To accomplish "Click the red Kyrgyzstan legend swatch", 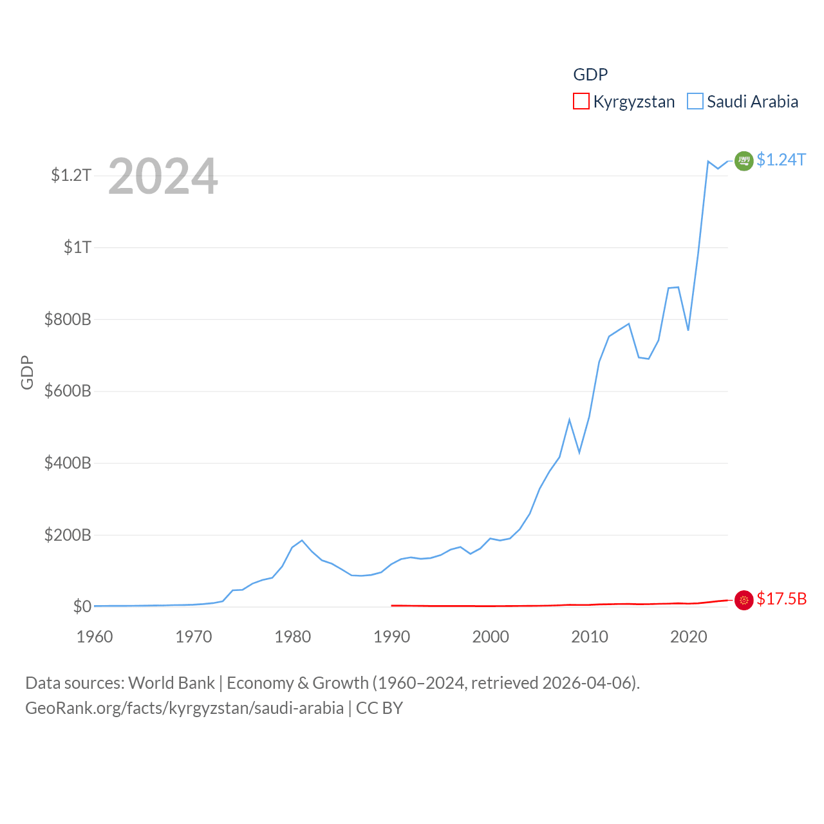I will (581, 102).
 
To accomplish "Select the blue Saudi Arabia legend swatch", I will (695, 102).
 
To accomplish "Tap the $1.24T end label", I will (781, 160).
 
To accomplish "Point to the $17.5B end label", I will (782, 599).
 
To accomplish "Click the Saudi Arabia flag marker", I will (744, 161).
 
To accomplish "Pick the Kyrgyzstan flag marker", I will (744, 600).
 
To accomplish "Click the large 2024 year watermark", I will (163, 176).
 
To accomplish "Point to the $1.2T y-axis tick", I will (71, 175).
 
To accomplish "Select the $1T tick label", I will (77, 247).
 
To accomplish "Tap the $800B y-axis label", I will (68, 319).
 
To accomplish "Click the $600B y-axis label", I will (68, 391).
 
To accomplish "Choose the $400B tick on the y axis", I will (68, 463).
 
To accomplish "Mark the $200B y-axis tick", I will (68, 535).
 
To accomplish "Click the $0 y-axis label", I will (82, 607).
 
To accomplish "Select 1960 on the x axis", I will (95, 637).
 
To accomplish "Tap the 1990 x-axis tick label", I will (391, 637).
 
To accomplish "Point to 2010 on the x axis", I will (590, 637).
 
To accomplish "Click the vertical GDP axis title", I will (27, 372).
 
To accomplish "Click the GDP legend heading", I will (590, 75).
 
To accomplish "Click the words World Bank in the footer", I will (171, 683).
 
